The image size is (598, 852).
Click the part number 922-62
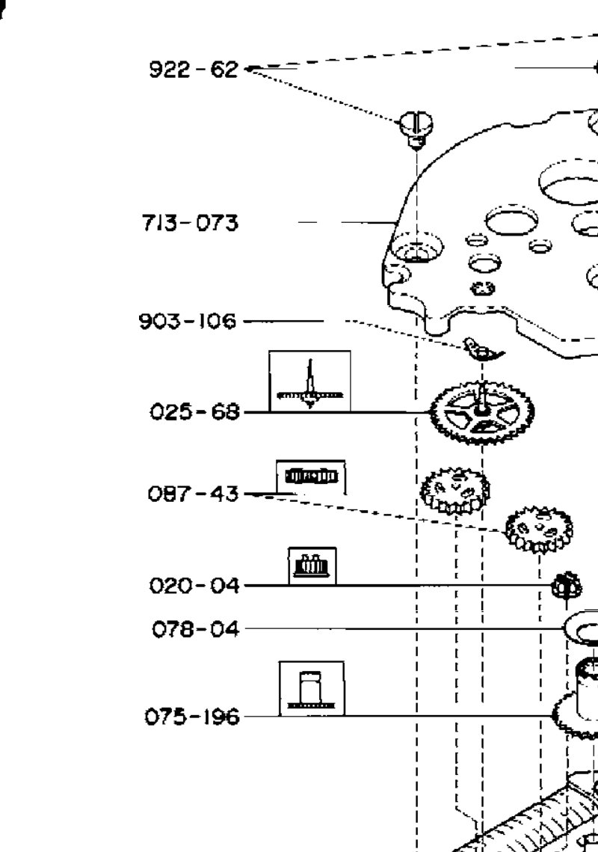(x=194, y=70)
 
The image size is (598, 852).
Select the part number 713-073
(x=190, y=223)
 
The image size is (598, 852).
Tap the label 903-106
(x=188, y=321)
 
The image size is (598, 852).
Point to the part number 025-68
(x=194, y=411)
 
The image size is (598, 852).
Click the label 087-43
(x=193, y=494)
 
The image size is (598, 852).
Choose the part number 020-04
(x=194, y=586)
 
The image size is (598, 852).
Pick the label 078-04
(x=196, y=629)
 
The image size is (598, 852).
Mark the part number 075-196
(x=191, y=717)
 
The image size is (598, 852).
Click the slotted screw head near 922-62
(x=416, y=129)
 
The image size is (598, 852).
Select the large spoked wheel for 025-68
(x=482, y=412)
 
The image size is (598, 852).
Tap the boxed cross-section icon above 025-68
(x=309, y=381)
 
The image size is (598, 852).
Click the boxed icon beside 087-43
(x=311, y=477)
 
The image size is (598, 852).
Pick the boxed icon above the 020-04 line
(x=312, y=566)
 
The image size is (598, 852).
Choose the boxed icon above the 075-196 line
(x=312, y=688)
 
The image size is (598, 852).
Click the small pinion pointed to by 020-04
(x=566, y=586)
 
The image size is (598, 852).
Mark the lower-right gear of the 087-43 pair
(x=538, y=528)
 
